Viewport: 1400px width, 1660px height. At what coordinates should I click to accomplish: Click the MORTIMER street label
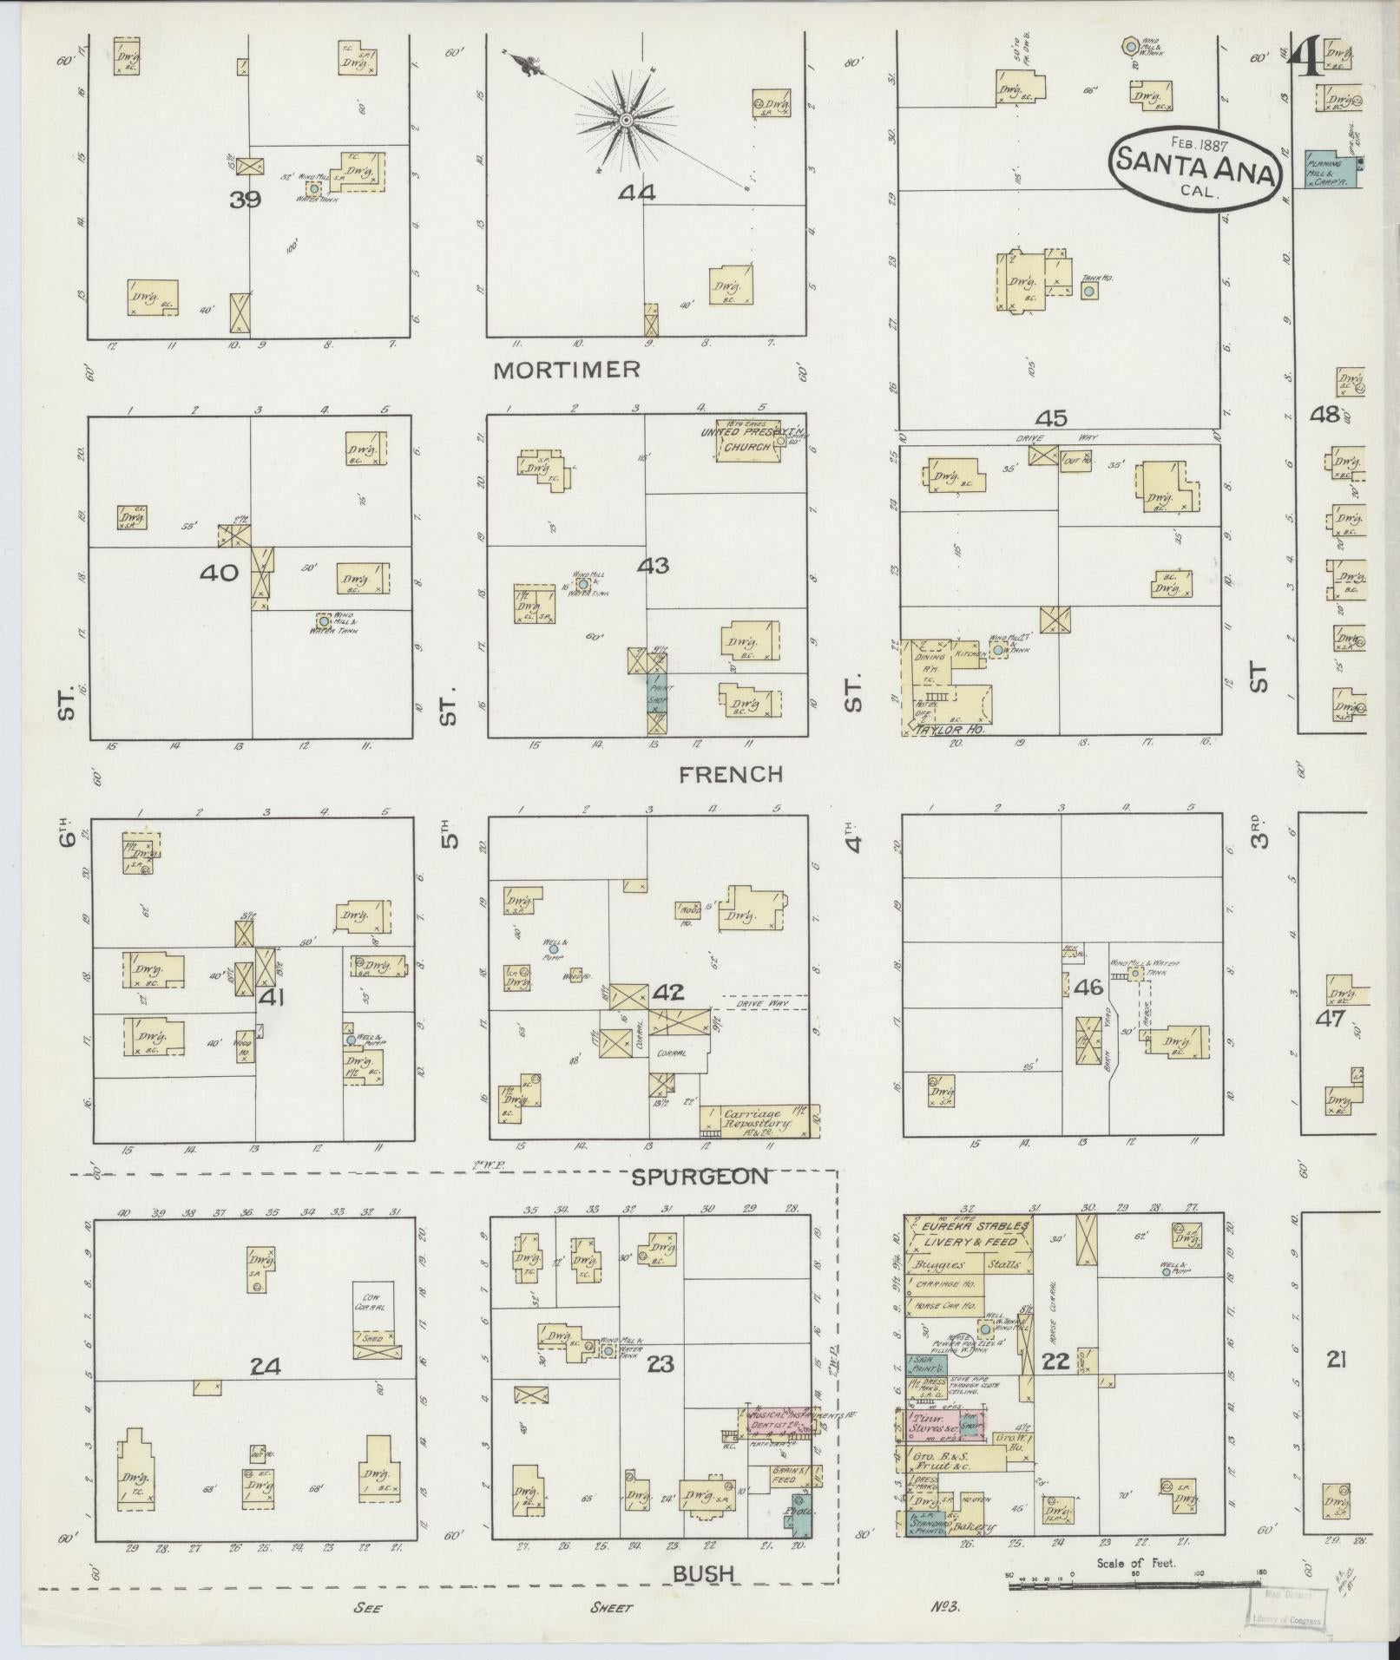click(x=566, y=370)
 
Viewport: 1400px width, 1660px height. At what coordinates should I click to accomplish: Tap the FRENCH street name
click(x=731, y=774)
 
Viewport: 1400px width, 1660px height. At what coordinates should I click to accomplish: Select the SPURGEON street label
click(x=700, y=1177)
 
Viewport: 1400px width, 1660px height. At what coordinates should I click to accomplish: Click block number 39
click(x=246, y=200)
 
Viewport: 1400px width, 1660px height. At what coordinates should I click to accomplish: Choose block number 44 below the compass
click(x=636, y=193)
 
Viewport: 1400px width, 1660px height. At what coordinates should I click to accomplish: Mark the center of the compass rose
click(x=625, y=120)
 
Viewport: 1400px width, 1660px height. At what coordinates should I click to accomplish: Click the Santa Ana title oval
click(x=1195, y=167)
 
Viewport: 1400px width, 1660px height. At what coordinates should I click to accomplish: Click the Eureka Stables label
click(x=969, y=1227)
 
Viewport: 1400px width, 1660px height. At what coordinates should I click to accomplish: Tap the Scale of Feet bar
click(x=1133, y=1585)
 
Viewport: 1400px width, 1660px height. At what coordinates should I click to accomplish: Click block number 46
click(x=1088, y=987)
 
